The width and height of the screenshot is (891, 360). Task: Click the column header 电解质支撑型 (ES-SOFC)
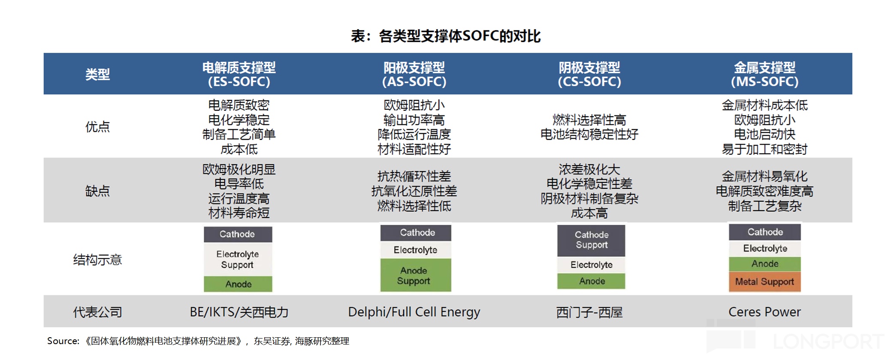click(x=239, y=74)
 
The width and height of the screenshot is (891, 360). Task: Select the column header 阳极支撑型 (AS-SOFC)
click(x=414, y=74)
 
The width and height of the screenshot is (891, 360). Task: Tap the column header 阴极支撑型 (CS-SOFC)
click(x=589, y=74)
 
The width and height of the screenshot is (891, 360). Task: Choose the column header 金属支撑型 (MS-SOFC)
click(x=764, y=74)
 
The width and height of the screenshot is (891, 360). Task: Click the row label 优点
click(x=97, y=127)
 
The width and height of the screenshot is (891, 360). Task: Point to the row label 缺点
click(x=97, y=191)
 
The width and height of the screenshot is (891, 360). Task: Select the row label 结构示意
click(x=97, y=260)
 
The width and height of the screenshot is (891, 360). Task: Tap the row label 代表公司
click(x=97, y=312)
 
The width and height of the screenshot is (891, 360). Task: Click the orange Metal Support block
click(x=764, y=282)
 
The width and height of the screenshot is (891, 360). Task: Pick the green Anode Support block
click(x=415, y=275)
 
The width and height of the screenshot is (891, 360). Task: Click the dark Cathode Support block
click(x=591, y=240)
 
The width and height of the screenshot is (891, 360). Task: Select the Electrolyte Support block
click(x=238, y=260)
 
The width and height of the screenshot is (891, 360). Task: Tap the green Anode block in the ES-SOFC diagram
click(x=238, y=284)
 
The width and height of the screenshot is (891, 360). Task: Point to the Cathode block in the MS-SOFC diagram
click(x=765, y=232)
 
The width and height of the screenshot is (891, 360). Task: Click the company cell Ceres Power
click(x=764, y=312)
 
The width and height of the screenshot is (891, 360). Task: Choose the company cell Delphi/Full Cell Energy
click(x=414, y=312)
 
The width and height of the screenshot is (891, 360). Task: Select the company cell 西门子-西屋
click(x=589, y=312)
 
